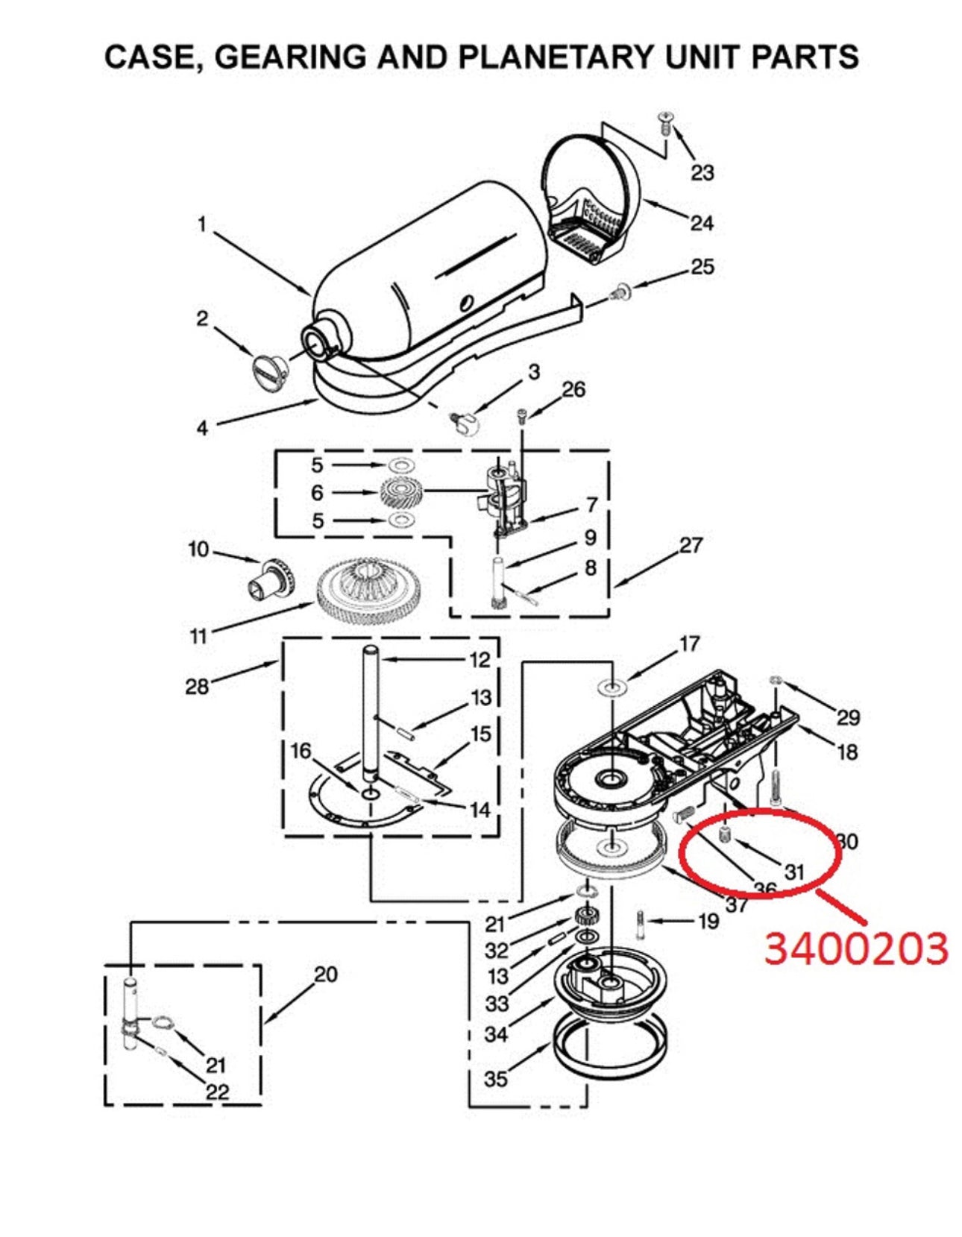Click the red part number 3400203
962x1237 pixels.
pyautogui.click(x=856, y=948)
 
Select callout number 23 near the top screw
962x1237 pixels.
pyautogui.click(x=702, y=172)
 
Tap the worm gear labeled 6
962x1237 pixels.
pyautogui.click(x=401, y=492)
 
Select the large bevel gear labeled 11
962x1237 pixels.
pyautogui.click(x=368, y=588)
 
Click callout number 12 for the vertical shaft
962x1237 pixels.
pyautogui.click(x=480, y=659)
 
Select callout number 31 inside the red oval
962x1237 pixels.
pyautogui.click(x=794, y=871)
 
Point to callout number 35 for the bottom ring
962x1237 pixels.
pyautogui.click(x=495, y=1078)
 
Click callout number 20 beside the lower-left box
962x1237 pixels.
pyautogui.click(x=325, y=974)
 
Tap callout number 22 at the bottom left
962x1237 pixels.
pyautogui.click(x=217, y=1092)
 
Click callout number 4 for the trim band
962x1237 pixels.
pyautogui.click(x=202, y=427)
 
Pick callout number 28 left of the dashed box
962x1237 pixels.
pyautogui.click(x=197, y=686)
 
